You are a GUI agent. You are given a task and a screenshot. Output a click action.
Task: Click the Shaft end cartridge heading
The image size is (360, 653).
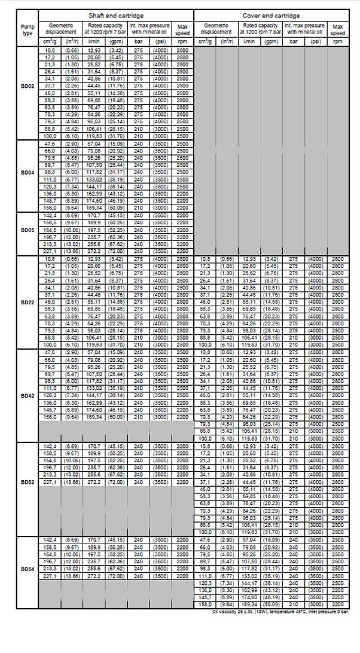pyautogui.click(x=115, y=15)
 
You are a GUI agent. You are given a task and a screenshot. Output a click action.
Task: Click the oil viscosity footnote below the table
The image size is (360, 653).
pyautogui.click(x=279, y=628)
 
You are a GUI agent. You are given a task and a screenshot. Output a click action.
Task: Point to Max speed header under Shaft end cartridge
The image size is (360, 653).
pyautogui.click(x=182, y=29)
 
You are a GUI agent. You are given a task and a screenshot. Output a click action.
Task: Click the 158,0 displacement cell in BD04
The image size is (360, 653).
pyautogui.click(x=50, y=208)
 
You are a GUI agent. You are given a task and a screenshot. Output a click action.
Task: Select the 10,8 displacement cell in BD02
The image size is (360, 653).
pyautogui.click(x=50, y=52)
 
